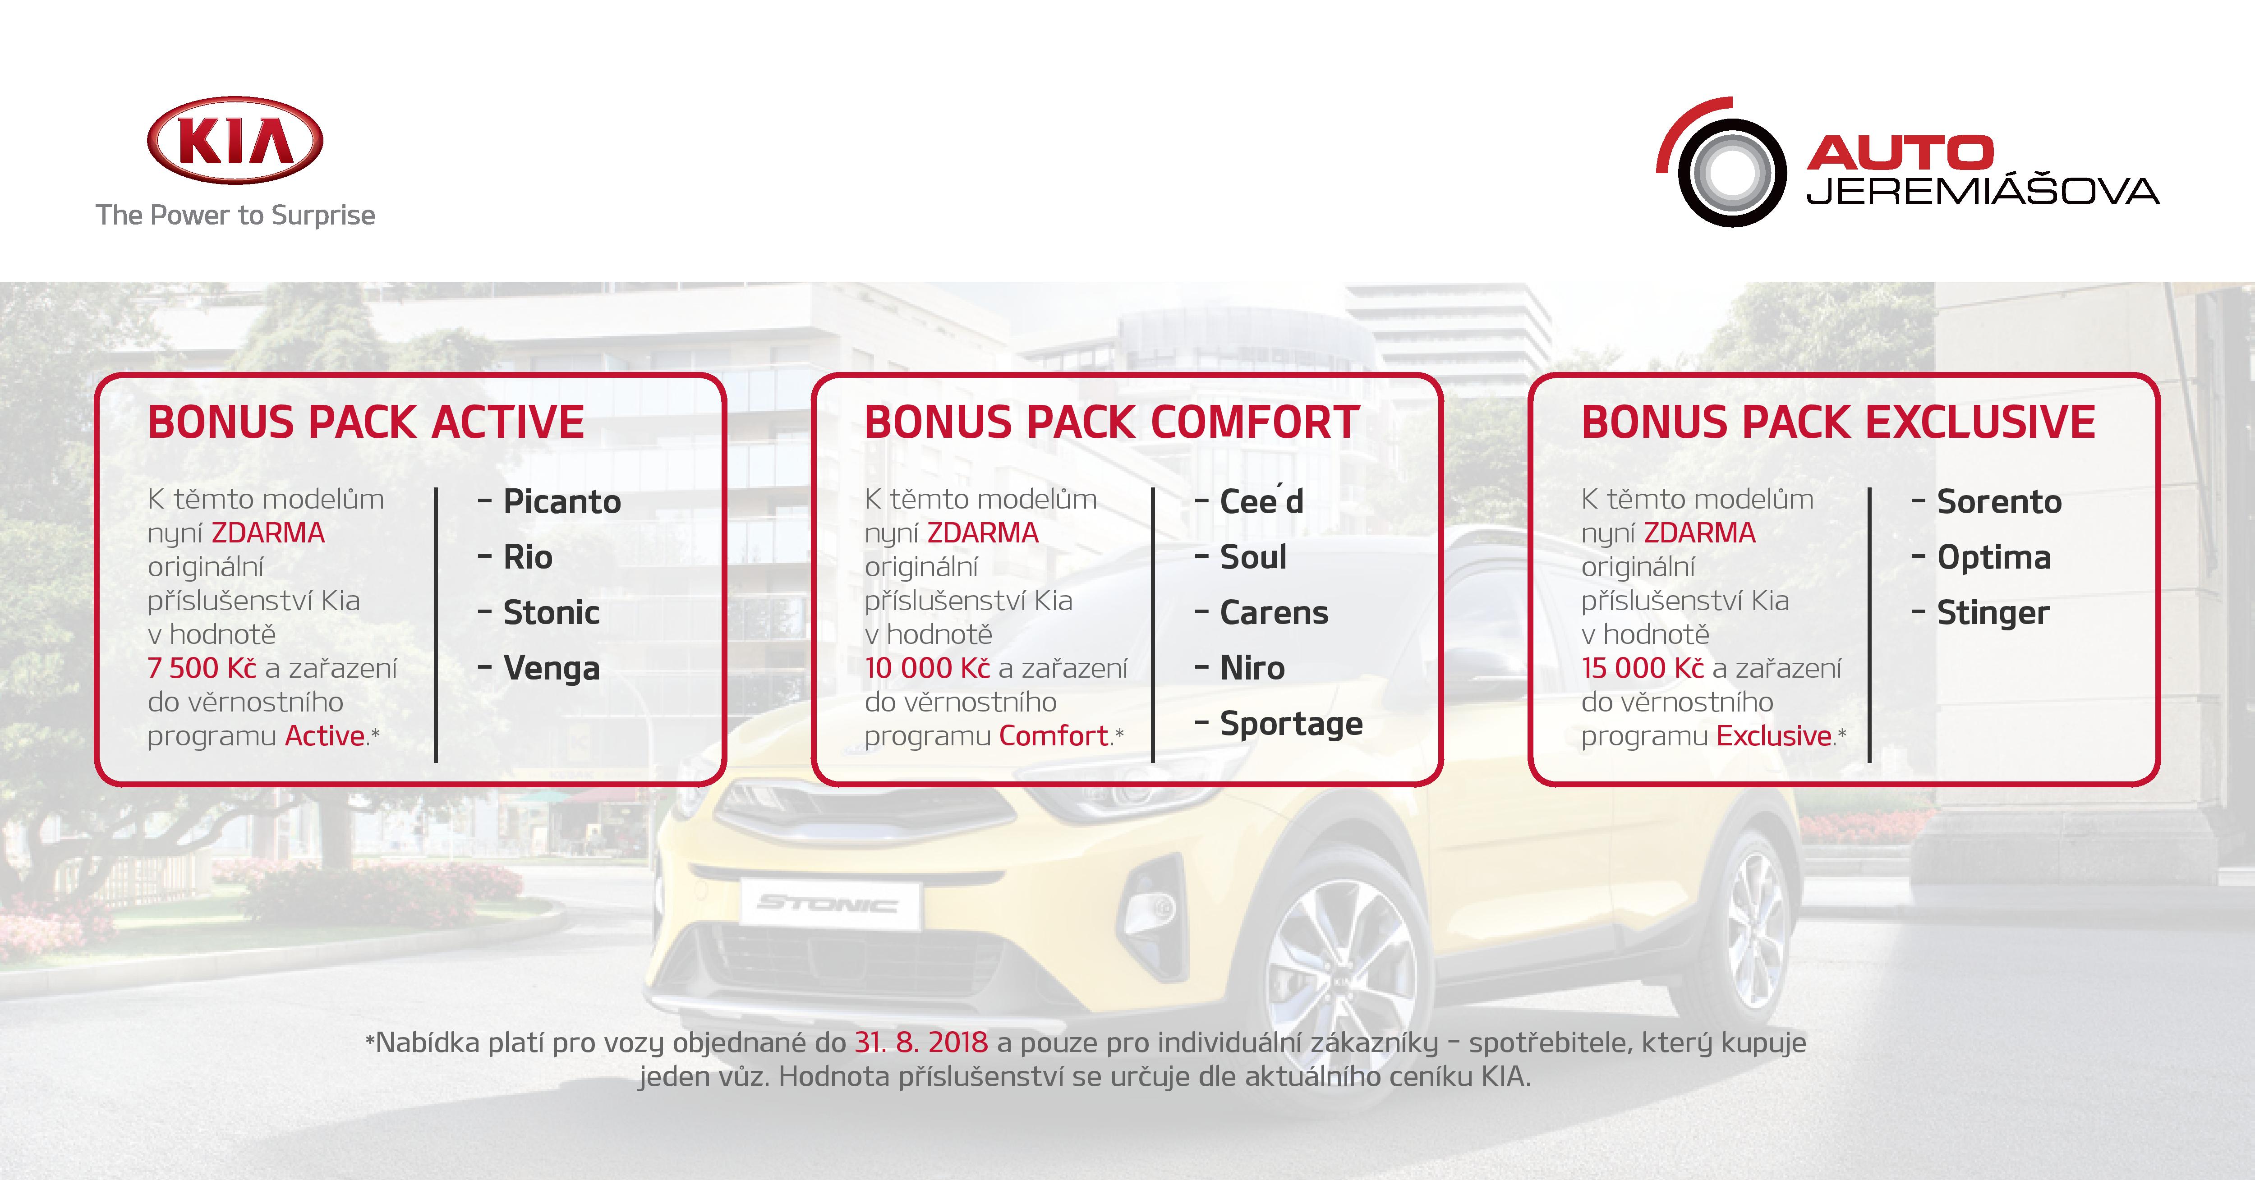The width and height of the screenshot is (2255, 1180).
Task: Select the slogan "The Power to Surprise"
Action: click(235, 216)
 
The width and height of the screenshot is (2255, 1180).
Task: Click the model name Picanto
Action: click(562, 501)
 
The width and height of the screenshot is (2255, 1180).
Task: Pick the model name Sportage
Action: click(1291, 724)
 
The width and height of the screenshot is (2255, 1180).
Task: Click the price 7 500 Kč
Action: click(202, 668)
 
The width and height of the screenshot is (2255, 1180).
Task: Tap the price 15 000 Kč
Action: click(1642, 668)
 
